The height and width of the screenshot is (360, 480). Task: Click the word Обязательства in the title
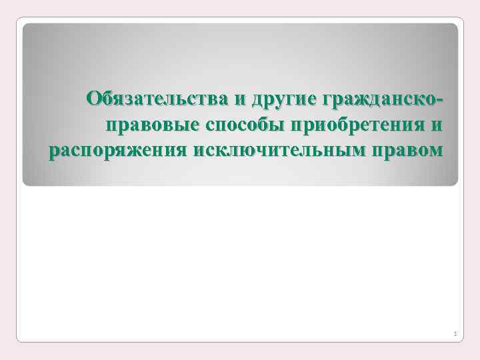[157, 100]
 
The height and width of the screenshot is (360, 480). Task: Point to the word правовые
[146, 125]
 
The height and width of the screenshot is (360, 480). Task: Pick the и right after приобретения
[437, 125]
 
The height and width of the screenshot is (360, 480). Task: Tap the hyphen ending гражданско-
[439, 101]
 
